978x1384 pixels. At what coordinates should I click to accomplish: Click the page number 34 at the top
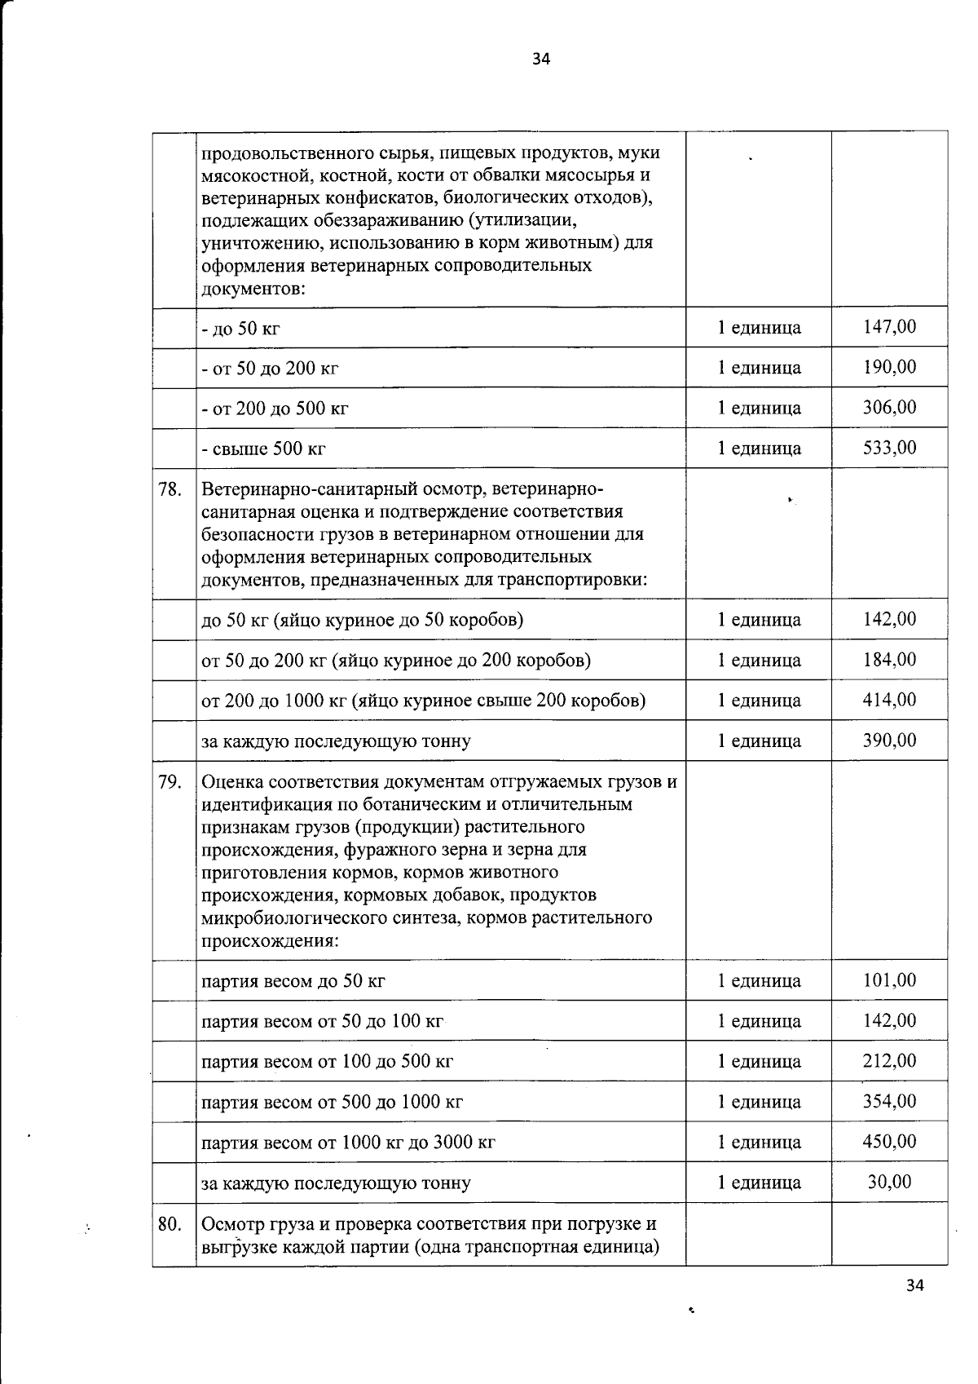pyautogui.click(x=541, y=59)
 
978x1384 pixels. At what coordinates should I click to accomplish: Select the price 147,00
pyautogui.click(x=889, y=327)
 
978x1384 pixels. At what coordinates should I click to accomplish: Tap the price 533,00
pyautogui.click(x=889, y=448)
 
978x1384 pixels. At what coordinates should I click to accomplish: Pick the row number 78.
pyautogui.click(x=170, y=490)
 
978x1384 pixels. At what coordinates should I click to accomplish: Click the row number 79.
pyautogui.click(x=170, y=783)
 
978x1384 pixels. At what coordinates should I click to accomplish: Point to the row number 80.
pyautogui.click(x=170, y=1224)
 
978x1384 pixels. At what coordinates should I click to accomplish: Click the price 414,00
pyautogui.click(x=889, y=700)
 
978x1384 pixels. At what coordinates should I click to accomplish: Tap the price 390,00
pyautogui.click(x=889, y=741)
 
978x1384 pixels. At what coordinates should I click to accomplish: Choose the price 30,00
pyautogui.click(x=889, y=1182)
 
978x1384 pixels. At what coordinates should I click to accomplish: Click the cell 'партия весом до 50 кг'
pyautogui.click(x=293, y=981)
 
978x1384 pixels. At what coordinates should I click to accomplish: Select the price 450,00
pyautogui.click(x=889, y=1142)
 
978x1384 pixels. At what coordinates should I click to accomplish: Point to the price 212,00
pyautogui.click(x=889, y=1061)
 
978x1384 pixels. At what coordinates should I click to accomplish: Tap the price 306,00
pyautogui.click(x=889, y=407)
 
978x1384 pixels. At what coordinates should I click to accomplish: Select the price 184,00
pyautogui.click(x=889, y=659)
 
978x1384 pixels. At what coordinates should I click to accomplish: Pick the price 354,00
pyautogui.click(x=889, y=1102)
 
